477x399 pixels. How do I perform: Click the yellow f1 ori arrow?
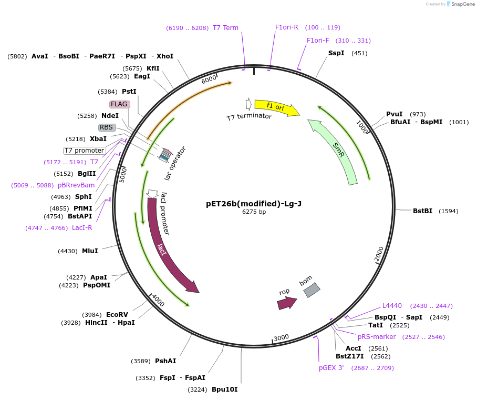pyautogui.click(x=276, y=107)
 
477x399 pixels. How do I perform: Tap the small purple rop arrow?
pyautogui.click(x=287, y=303)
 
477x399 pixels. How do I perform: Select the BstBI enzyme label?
pyautogui.click(x=422, y=211)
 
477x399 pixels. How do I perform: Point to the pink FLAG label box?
pyautogui.click(x=119, y=104)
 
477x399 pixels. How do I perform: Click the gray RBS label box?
pyautogui.click(x=107, y=127)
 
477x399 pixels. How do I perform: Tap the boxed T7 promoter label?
pyautogui.click(x=84, y=151)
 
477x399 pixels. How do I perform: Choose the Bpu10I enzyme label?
pyautogui.click(x=224, y=390)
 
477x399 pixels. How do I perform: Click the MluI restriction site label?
pyautogui.click(x=90, y=251)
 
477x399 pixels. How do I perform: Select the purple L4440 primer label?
pyautogui.click(x=392, y=306)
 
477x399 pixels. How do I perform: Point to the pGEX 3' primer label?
pyautogui.click(x=331, y=368)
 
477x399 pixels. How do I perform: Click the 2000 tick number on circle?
pyautogui.click(x=379, y=255)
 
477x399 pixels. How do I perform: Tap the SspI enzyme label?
pyautogui.click(x=336, y=53)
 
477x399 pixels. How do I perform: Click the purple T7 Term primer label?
pyautogui.click(x=225, y=28)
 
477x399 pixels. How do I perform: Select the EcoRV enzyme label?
pyautogui.click(x=117, y=315)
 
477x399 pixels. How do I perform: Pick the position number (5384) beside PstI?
pyautogui.click(x=108, y=92)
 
